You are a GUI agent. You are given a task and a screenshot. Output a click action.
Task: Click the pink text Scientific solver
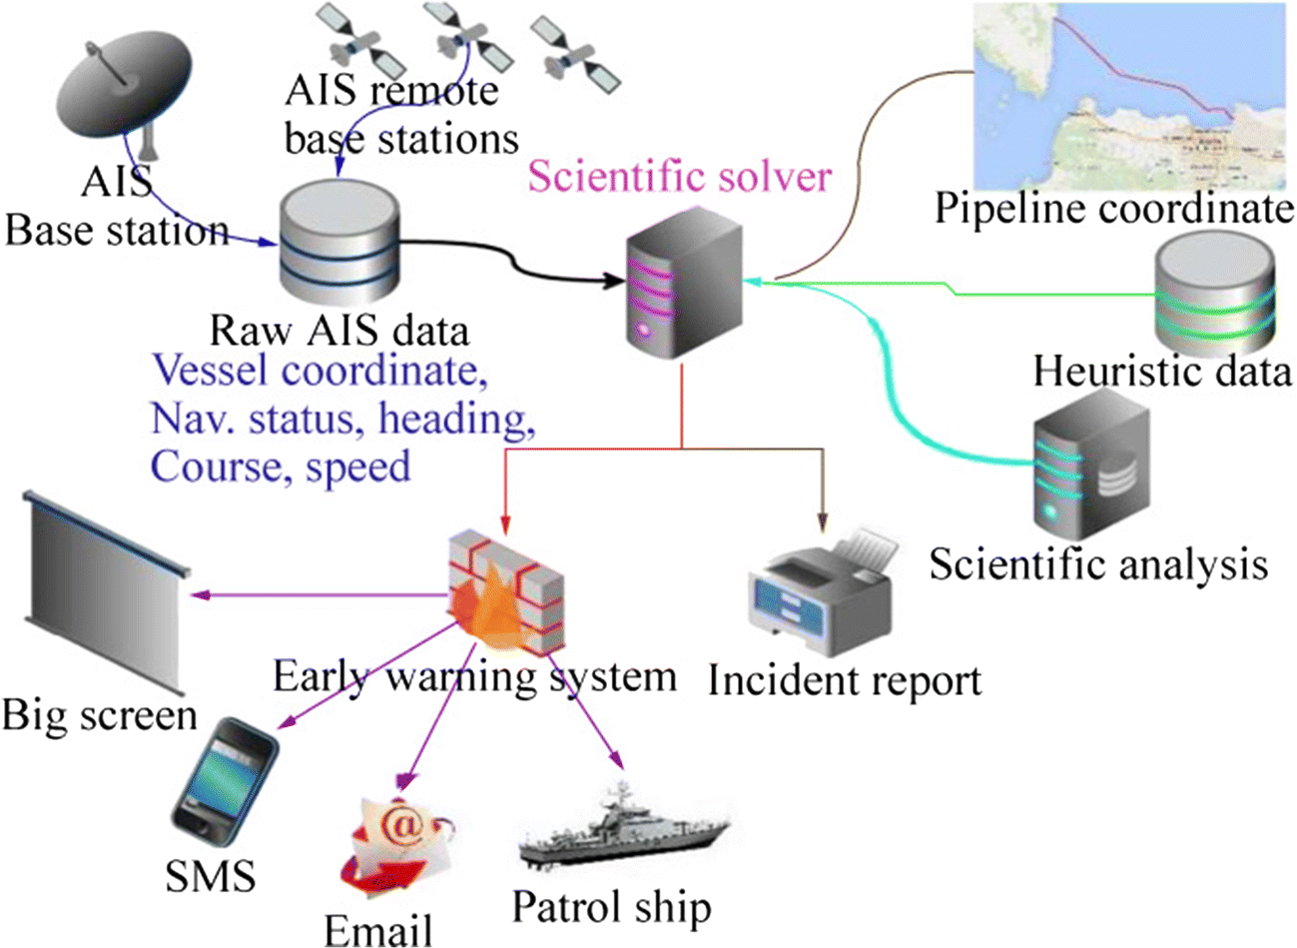tap(679, 177)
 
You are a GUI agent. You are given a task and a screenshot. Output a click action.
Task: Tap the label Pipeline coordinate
tap(1113, 209)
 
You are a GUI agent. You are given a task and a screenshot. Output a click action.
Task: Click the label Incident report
tap(845, 681)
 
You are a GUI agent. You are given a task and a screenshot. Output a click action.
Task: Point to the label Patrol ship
tap(611, 907)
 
